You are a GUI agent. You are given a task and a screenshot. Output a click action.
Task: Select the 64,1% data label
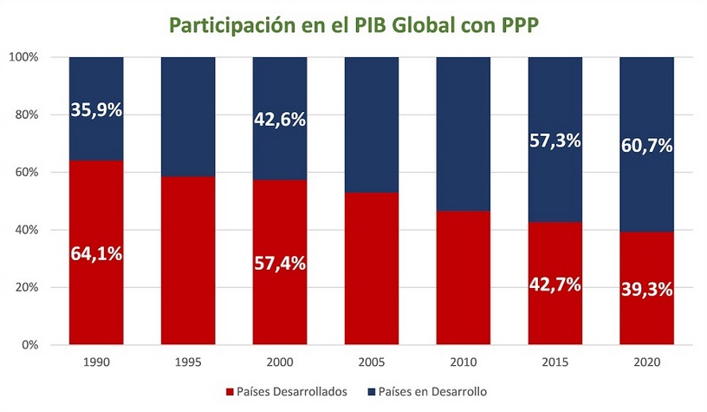pos(96,254)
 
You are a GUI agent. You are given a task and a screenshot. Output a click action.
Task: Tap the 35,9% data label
pos(96,110)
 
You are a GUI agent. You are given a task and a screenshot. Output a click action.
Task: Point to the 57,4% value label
pos(279,263)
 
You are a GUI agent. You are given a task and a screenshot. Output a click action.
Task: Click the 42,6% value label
pos(279,121)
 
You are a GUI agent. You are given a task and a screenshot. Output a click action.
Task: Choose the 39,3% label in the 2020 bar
pos(646,289)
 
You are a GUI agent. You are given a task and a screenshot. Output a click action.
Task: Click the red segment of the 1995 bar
pos(188,260)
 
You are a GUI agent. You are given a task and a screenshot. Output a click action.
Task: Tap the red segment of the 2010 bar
pos(463,278)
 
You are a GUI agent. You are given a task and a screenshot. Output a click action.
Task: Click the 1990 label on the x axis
pos(96,361)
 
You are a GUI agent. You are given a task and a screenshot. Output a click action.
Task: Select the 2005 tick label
pos(371,361)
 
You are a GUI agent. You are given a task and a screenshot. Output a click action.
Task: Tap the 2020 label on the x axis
pos(646,361)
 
